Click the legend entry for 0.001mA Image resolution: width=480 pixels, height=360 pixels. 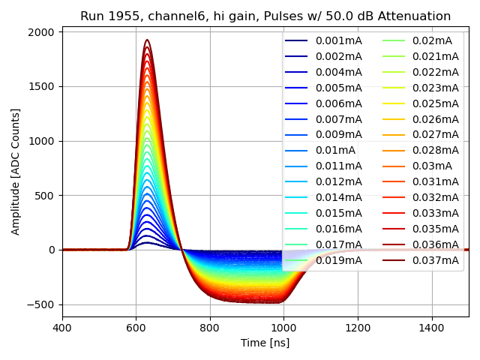click(x=338, y=40)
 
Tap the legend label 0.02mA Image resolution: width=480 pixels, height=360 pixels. click(x=432, y=40)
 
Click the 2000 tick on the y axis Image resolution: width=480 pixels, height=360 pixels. click(x=42, y=32)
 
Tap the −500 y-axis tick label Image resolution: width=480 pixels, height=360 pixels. click(x=40, y=304)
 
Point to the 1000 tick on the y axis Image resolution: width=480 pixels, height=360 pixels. click(x=42, y=141)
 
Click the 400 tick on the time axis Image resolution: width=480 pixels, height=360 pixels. click(x=62, y=327)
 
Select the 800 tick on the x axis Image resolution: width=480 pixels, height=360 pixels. click(x=210, y=327)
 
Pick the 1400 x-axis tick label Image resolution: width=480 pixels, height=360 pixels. click(x=431, y=327)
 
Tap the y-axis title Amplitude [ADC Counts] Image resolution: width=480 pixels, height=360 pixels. click(x=16, y=171)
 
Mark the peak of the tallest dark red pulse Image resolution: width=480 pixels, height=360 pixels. click(x=147, y=40)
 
